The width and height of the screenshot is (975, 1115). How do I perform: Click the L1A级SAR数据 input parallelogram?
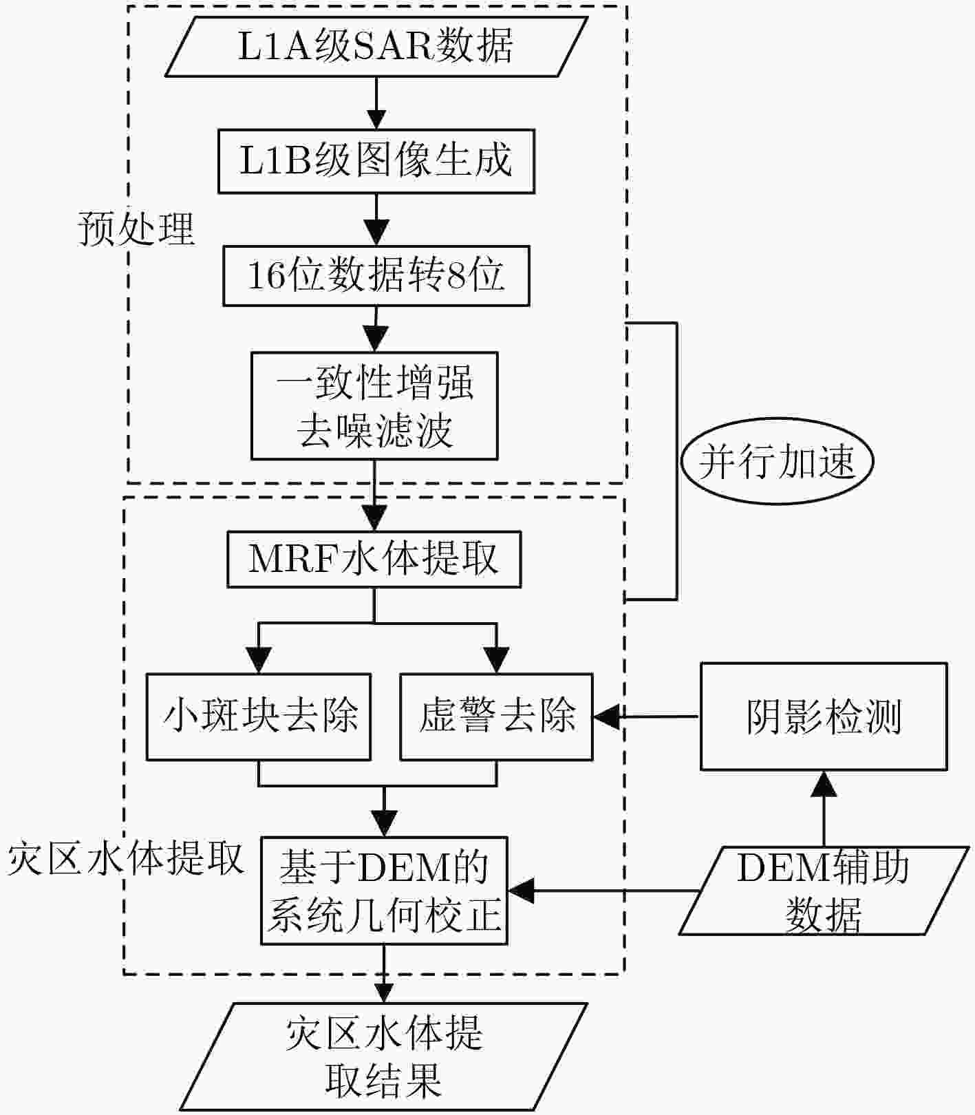[376, 46]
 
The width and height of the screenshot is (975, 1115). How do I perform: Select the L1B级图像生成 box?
[376, 161]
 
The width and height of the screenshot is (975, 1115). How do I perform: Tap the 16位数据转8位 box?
[376, 276]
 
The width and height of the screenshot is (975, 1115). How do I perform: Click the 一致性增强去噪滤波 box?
[374, 406]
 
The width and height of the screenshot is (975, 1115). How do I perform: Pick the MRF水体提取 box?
[374, 559]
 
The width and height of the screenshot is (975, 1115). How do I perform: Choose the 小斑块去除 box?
[259, 716]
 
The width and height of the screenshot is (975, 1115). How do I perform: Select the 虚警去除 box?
[496, 716]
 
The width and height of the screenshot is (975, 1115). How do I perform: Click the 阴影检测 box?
[824, 716]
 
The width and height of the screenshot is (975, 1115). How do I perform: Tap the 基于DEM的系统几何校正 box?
[384, 891]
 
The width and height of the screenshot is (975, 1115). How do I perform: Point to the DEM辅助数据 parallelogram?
[824, 891]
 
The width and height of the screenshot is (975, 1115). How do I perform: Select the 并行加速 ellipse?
[777, 460]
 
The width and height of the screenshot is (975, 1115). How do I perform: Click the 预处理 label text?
[136, 229]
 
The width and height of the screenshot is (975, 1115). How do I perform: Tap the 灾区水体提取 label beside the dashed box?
[126, 858]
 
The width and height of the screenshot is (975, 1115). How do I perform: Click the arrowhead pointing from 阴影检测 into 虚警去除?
[606, 716]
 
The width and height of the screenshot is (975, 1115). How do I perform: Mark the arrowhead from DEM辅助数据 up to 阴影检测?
[824, 784]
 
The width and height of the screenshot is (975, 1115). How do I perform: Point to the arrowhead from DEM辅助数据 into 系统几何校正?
[521, 891]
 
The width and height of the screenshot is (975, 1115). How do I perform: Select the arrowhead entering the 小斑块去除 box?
[259, 661]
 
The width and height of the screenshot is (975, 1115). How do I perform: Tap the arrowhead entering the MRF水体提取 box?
[374, 518]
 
